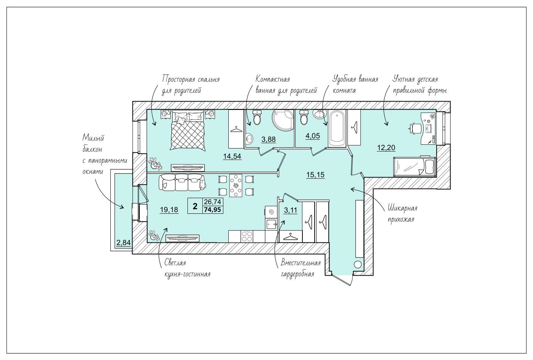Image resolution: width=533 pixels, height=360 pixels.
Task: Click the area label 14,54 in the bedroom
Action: (232, 156)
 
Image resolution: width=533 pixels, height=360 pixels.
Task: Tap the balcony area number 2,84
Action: (123, 243)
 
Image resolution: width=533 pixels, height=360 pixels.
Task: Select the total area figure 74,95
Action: (213, 210)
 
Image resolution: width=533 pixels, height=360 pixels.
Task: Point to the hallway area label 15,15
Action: (315, 175)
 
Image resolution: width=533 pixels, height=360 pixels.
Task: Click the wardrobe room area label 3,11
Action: (291, 210)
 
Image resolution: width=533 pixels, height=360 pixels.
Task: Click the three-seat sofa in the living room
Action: (182, 182)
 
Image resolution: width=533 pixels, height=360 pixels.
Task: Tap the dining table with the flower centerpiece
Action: (236, 186)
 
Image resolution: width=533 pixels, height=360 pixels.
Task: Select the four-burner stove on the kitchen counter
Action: (247, 236)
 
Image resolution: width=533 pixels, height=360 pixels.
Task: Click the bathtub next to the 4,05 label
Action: (337, 129)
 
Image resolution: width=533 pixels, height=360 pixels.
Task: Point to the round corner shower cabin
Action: (283, 120)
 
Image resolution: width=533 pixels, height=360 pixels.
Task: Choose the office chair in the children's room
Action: (415, 129)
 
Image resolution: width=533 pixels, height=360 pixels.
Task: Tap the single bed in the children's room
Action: (415, 166)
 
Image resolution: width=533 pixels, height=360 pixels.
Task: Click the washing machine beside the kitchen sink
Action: (271, 211)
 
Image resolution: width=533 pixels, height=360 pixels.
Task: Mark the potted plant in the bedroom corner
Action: (155, 163)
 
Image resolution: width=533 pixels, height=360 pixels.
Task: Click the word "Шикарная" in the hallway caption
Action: (402, 208)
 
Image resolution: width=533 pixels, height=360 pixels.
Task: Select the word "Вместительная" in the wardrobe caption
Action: (300, 263)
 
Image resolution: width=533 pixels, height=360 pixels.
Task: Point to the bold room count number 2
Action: (195, 206)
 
